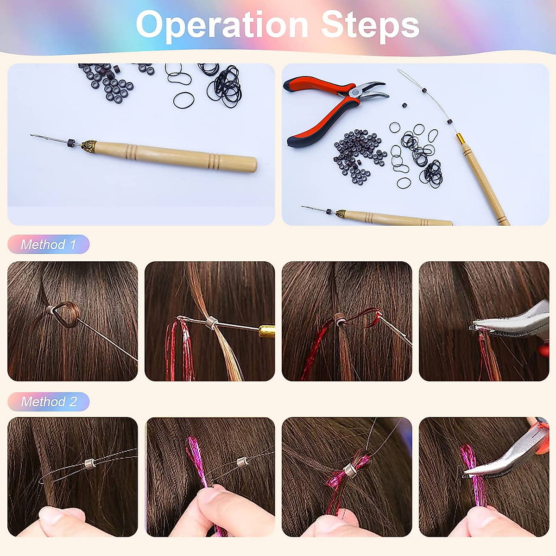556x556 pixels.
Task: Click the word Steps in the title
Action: point(370,25)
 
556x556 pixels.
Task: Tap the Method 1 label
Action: point(48,244)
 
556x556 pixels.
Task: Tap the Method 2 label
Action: point(48,401)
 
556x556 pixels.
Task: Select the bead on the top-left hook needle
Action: point(71,142)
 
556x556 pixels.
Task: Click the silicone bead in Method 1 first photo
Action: point(50,310)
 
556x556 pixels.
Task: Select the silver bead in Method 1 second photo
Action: point(212,322)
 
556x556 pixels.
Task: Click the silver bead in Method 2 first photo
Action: point(90,462)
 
